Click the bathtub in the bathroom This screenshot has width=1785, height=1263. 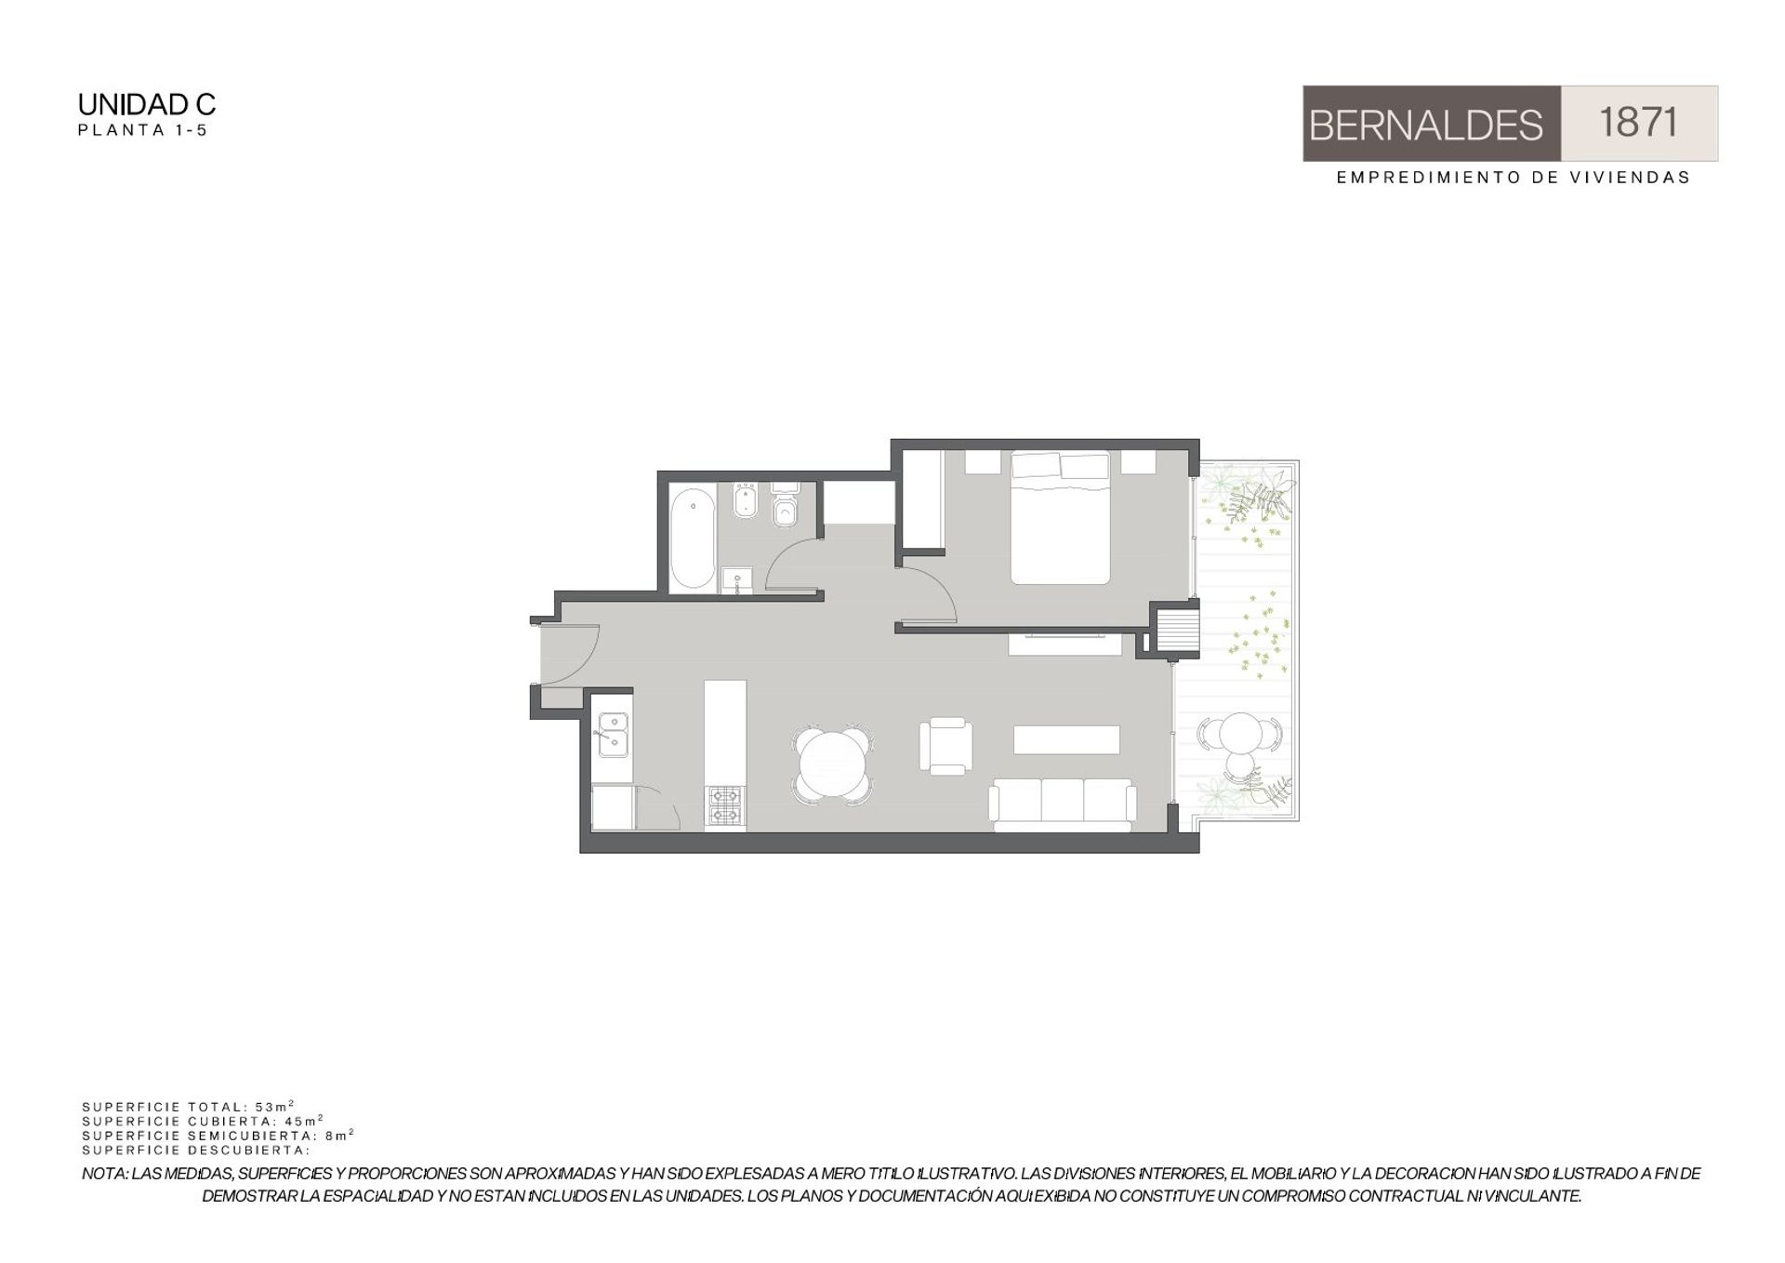coord(693,538)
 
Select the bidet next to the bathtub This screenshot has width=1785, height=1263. coord(746,501)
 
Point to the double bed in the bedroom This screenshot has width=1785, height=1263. coord(1061,518)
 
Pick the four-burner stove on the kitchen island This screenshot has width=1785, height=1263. coord(725,805)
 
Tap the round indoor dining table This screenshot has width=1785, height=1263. coord(833,764)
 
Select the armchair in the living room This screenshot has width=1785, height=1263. coord(946,746)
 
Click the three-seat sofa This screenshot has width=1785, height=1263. coord(1063,805)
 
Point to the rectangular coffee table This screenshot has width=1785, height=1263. coord(1066,739)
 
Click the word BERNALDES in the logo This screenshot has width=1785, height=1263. coord(1425,126)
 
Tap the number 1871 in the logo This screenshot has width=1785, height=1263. coord(1638,123)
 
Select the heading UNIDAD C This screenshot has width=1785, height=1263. coord(147,104)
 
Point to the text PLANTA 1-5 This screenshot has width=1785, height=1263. coord(142,130)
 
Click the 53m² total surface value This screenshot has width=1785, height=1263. coord(274,1107)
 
